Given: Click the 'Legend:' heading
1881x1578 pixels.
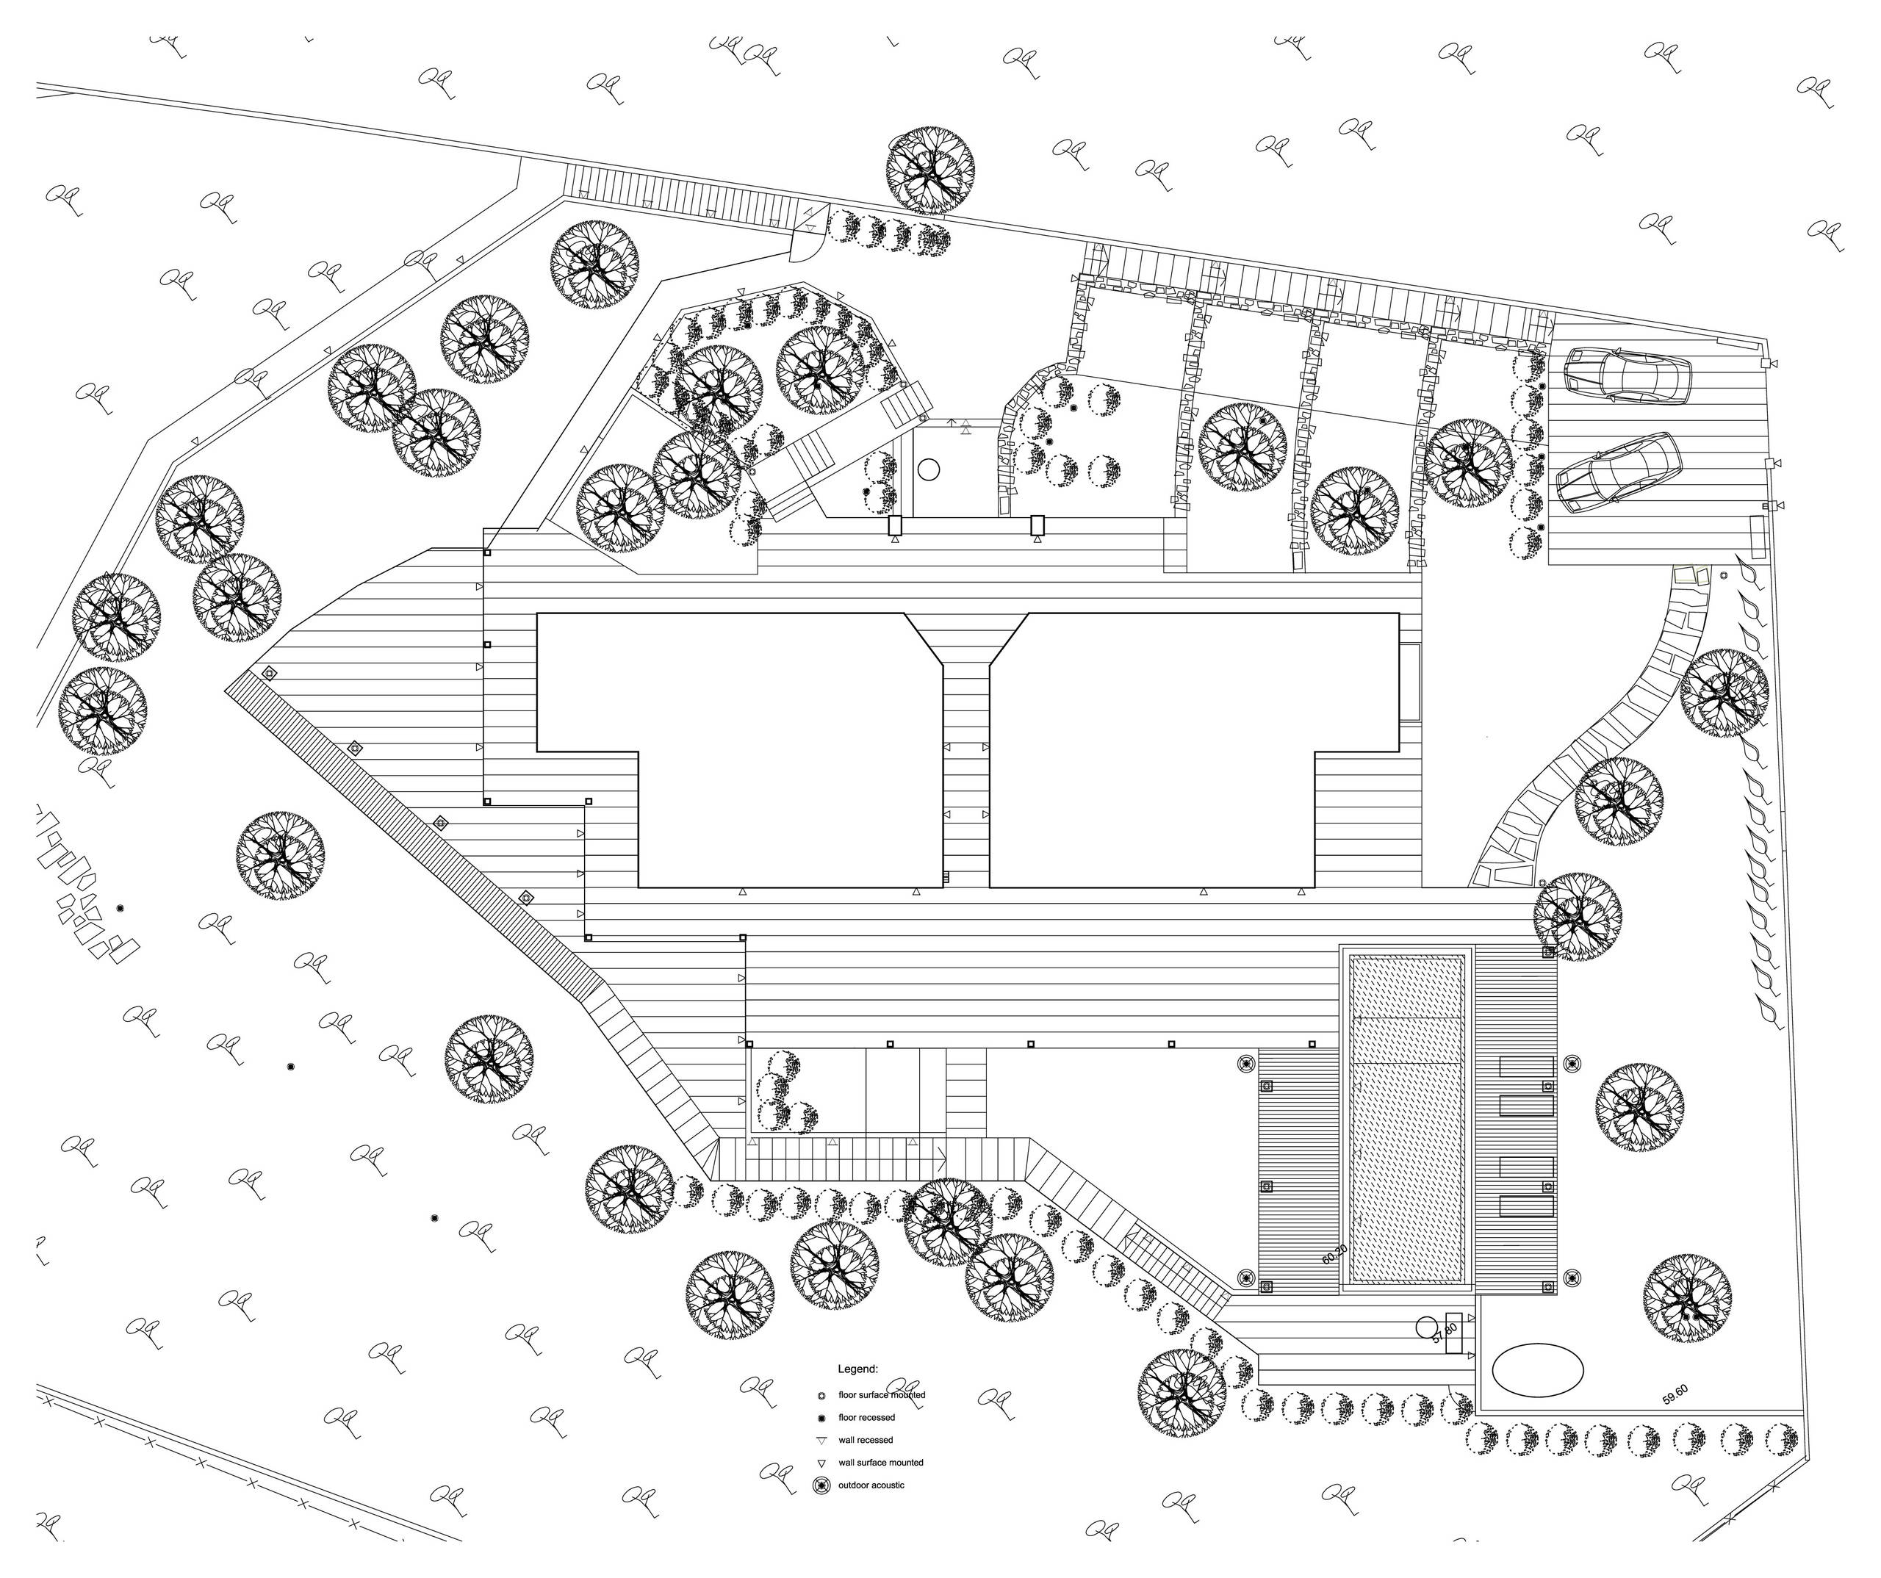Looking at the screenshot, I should tap(857, 1369).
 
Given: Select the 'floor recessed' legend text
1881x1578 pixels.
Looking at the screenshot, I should tap(866, 1418).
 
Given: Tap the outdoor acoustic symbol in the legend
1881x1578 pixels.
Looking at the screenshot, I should tap(821, 1485).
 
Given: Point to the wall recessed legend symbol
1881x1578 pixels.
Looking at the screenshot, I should tap(821, 1441).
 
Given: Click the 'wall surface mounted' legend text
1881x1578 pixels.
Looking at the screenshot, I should tap(880, 1463).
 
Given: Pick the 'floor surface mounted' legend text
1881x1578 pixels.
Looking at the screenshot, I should tap(882, 1395).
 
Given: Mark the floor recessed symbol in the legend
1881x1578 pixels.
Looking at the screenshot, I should tap(821, 1418).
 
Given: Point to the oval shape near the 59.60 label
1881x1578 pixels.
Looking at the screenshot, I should tap(1537, 1369).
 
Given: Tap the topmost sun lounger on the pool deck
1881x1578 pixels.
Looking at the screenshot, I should tap(1526, 1067).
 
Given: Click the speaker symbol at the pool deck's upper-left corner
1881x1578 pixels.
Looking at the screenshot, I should tap(1246, 1063).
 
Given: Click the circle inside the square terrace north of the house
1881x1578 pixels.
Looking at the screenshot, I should tap(928, 469).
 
